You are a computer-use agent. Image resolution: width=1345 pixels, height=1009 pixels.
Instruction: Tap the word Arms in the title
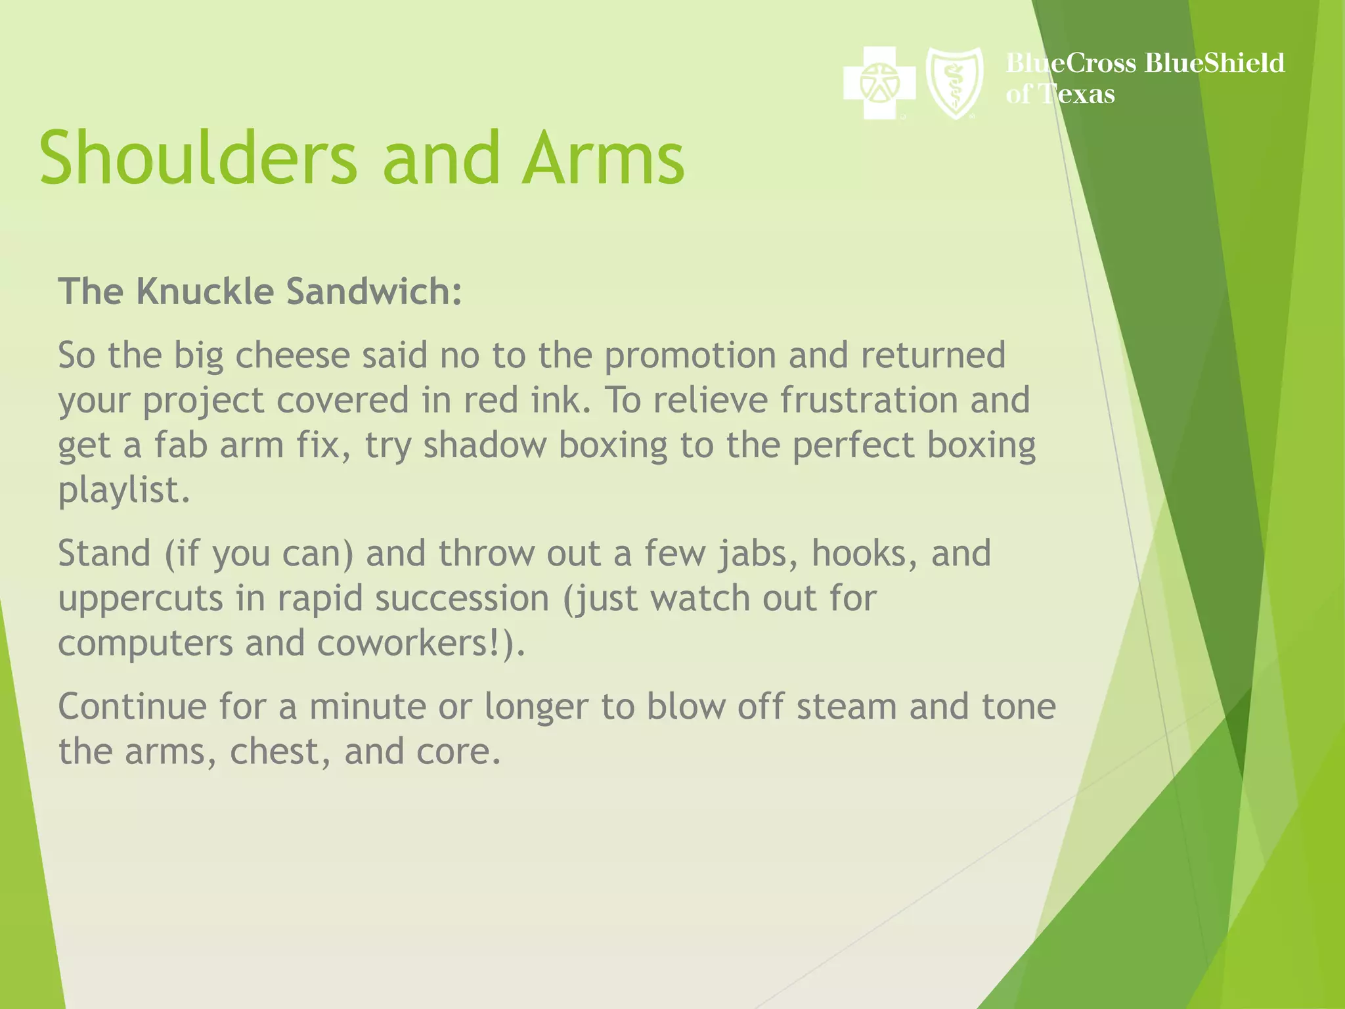(603, 158)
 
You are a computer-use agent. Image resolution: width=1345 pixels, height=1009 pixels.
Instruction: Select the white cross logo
(879, 83)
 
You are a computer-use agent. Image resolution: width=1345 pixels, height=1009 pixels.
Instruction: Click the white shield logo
(954, 83)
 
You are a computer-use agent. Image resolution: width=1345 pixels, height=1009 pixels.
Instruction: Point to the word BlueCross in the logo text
(1070, 63)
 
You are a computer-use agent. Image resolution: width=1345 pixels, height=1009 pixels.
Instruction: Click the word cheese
(293, 355)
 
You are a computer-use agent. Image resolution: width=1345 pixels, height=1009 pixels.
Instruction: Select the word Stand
(104, 553)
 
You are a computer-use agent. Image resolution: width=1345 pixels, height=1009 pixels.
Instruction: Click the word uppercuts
(141, 598)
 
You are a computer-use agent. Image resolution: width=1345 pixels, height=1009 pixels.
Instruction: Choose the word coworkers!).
(421, 643)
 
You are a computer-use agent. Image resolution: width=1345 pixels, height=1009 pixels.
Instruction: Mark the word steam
(847, 707)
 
